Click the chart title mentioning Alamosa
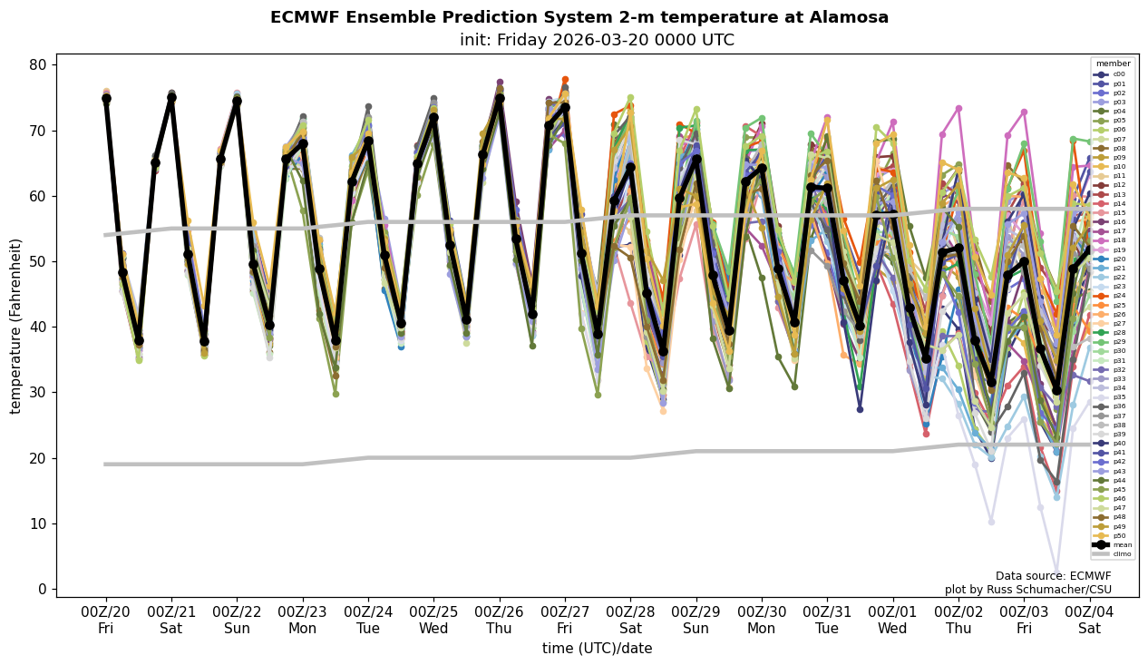[579, 17]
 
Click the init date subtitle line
[579, 40]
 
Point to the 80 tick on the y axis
[38, 65]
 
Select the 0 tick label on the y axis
[42, 589]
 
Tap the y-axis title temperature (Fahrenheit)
[15, 326]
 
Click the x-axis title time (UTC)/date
[597, 649]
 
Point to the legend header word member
[1114, 64]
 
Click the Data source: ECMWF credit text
[1053, 576]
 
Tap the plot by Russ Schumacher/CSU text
[1027, 590]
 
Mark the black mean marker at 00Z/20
[106, 98]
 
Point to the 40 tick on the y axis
[38, 327]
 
